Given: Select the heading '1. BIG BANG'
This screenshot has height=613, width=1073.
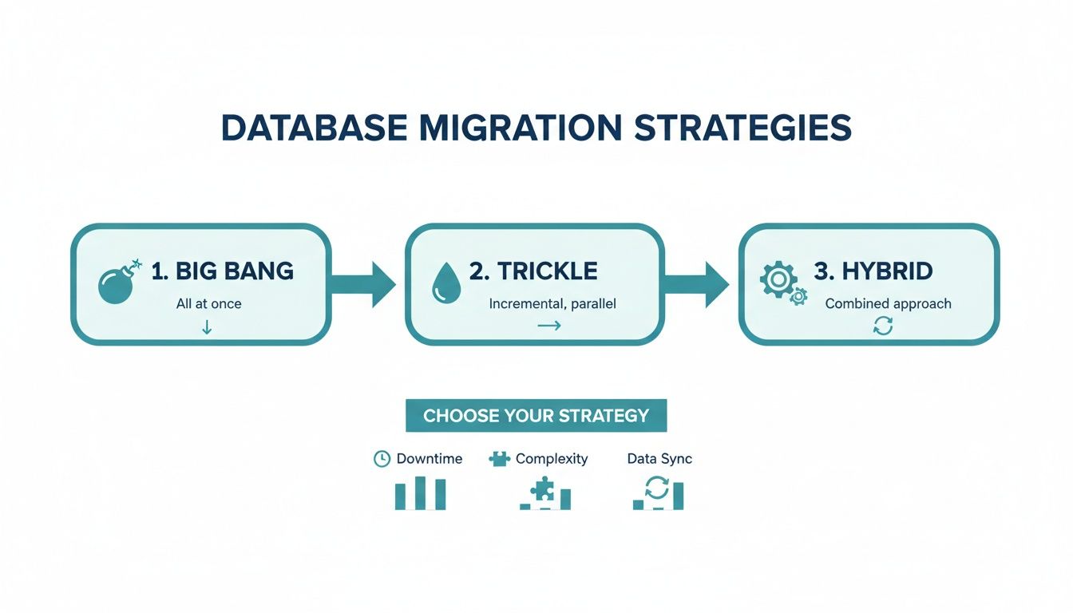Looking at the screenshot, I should coord(222,271).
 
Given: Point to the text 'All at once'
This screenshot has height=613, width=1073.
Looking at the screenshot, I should coord(208,303).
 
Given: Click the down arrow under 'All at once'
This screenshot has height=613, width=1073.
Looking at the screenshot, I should coord(207,326).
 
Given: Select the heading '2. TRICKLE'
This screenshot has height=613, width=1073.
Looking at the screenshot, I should coord(533,271).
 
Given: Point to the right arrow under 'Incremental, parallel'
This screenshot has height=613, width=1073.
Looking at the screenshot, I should coord(548,326).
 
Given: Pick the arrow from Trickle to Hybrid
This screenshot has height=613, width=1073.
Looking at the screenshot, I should coord(697,284).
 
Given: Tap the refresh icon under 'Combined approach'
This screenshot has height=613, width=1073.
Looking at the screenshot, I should coord(883,326).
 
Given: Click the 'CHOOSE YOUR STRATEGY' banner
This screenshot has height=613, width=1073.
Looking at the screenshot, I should coord(536,416).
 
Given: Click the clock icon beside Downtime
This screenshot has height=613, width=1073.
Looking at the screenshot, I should coord(382,459).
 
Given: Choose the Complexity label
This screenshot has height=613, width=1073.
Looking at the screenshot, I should coord(551,459).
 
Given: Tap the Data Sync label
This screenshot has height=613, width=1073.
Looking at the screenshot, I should coord(659,459).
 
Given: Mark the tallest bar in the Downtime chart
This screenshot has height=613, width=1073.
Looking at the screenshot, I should coord(420,493).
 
